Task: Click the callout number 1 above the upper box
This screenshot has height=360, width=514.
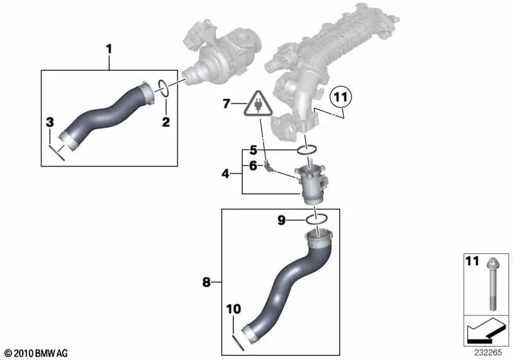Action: [x=109, y=50]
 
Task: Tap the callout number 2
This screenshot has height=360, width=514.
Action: [x=166, y=122]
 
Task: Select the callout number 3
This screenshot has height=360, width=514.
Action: [x=50, y=123]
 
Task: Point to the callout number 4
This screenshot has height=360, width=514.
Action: [x=226, y=174]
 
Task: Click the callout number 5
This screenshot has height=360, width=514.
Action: [x=253, y=150]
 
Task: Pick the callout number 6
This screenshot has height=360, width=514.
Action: [x=253, y=166]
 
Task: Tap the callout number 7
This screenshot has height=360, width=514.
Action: [x=226, y=104]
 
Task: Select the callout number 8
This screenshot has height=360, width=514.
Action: [x=206, y=282]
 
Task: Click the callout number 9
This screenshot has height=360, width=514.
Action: [x=281, y=220]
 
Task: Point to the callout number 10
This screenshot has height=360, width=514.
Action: [x=233, y=309]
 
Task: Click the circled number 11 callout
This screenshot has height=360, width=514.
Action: [x=341, y=97]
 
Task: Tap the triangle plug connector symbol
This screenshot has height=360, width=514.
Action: [x=258, y=104]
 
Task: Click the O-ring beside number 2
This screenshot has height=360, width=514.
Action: [x=164, y=88]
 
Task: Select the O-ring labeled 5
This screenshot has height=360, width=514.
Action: [x=307, y=150]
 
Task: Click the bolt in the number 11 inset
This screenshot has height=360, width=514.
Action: [x=493, y=284]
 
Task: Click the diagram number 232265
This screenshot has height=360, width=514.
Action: [x=488, y=352]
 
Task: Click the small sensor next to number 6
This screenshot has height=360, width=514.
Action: [x=268, y=166]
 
